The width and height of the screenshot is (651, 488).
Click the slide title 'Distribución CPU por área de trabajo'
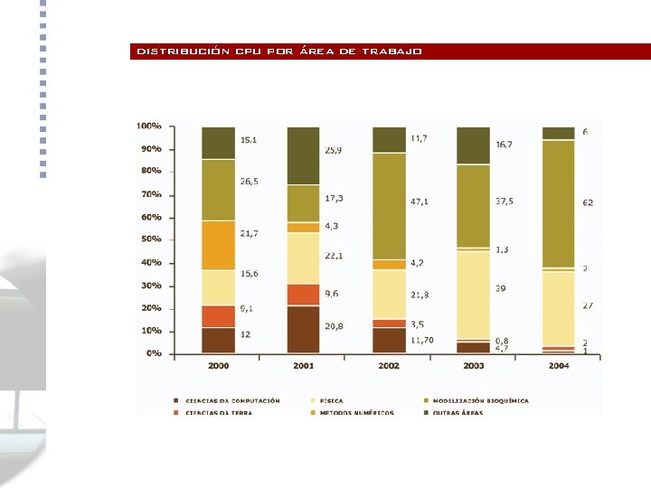279,52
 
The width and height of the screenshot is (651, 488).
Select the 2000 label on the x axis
218,366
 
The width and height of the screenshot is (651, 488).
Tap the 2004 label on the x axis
558,366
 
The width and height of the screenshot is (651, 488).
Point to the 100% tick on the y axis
149,126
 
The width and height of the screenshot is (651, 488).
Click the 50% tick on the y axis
151,239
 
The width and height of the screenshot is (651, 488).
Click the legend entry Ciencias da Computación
231,400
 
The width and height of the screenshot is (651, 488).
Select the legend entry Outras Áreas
457,413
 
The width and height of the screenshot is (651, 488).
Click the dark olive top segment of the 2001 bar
303,155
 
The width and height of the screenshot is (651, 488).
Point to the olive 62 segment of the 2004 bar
558,203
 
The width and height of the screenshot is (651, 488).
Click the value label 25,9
332,149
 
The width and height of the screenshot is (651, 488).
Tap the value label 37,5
504,202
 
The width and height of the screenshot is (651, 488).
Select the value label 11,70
422,341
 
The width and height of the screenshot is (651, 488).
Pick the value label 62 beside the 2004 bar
588,203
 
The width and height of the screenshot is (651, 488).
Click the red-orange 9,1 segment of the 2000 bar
218,316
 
